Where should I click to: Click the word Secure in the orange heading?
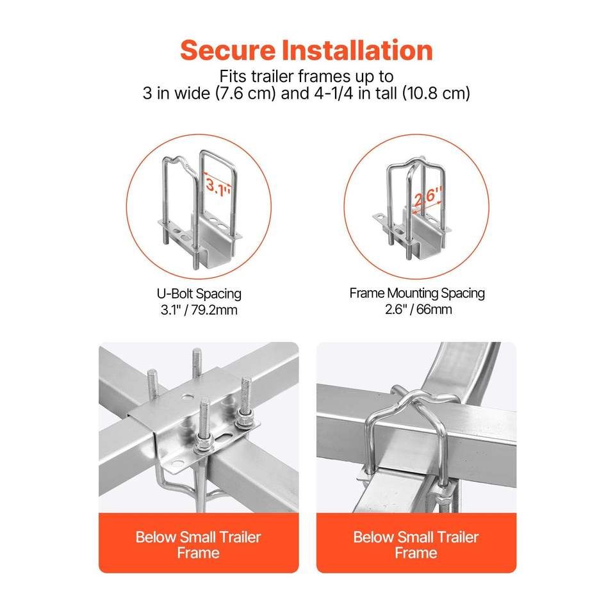(x=228, y=50)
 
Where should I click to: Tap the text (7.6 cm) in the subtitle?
(x=245, y=94)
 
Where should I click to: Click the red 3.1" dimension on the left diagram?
(x=218, y=186)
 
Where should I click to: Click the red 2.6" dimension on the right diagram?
(x=429, y=197)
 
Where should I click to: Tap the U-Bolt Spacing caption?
(x=199, y=294)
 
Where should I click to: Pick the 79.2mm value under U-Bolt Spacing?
(x=215, y=310)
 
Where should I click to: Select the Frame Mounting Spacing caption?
(x=417, y=293)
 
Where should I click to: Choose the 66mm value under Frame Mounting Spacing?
(x=434, y=309)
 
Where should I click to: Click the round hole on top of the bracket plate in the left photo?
(x=188, y=397)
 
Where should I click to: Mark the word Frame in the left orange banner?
(x=198, y=553)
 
